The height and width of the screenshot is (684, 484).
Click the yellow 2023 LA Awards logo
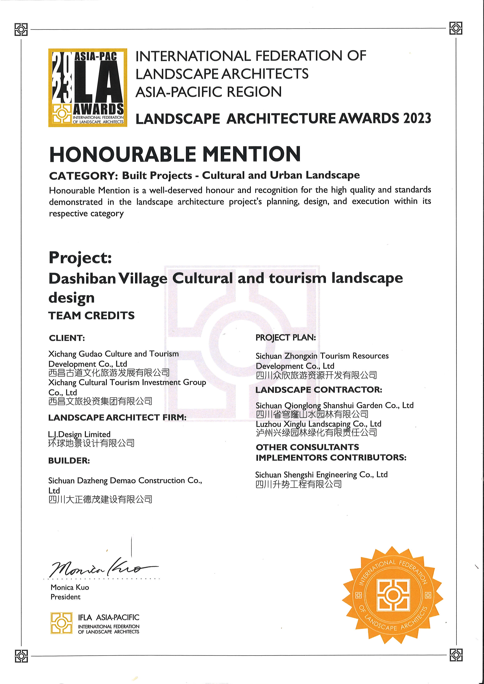coord(88,88)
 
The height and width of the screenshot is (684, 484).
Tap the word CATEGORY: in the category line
coord(84,176)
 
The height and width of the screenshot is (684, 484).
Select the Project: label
coord(80,258)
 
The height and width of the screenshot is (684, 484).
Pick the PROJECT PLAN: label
coord(286,338)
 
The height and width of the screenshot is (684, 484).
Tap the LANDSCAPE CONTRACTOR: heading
coord(319,390)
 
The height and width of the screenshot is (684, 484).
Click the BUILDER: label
coord(69,460)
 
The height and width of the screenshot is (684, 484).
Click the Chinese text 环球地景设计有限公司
coord(91,443)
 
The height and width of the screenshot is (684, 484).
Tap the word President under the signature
coord(66,597)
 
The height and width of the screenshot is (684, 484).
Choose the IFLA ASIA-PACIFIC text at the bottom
coord(109,617)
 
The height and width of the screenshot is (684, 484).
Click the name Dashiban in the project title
coord(82,279)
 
